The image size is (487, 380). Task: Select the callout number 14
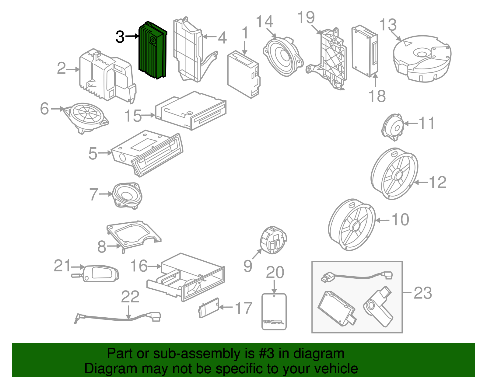coord(264,22)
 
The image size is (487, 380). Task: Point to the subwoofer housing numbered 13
coord(422,59)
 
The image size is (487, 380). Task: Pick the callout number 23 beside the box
coord(423,293)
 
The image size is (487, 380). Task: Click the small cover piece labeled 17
coord(209,307)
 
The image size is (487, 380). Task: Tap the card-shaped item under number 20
coord(274,311)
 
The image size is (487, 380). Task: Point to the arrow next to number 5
coord(105,153)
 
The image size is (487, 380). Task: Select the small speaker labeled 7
coord(127,195)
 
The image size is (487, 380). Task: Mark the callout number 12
coord(437,182)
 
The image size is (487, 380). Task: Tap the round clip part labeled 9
coord(273,239)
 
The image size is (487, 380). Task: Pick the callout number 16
coord(139,266)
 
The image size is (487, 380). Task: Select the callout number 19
coord(306,17)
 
